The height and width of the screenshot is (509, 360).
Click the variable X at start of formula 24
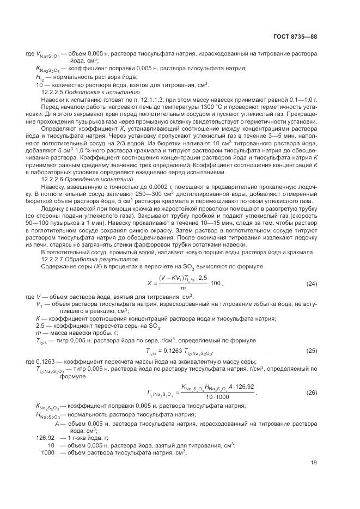click(x=149, y=284)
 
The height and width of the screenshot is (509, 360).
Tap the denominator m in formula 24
click(x=183, y=288)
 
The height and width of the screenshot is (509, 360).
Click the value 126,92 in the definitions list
click(x=46, y=437)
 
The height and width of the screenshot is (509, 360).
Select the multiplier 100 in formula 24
click(x=216, y=283)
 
